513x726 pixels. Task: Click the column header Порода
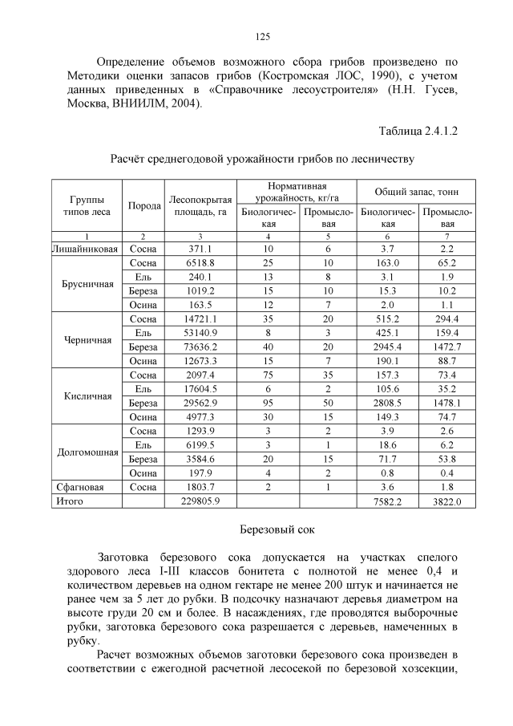(x=143, y=206)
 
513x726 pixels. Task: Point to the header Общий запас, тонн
(x=415, y=193)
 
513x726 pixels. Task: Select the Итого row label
(x=70, y=501)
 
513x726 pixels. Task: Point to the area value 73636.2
(x=200, y=347)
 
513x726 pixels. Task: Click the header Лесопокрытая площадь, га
(x=200, y=205)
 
